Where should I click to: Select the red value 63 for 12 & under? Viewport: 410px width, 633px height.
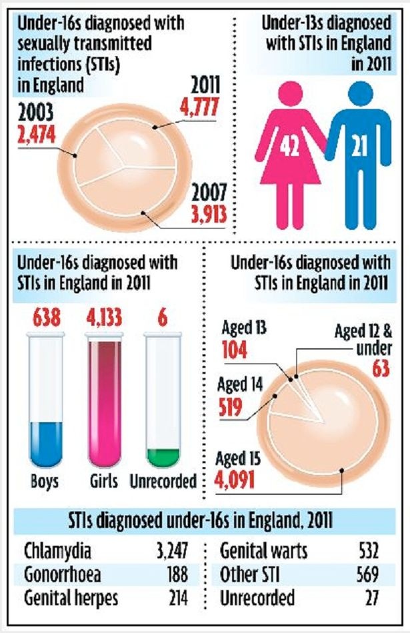[381, 369]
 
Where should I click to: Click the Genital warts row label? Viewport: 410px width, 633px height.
[263, 552]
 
